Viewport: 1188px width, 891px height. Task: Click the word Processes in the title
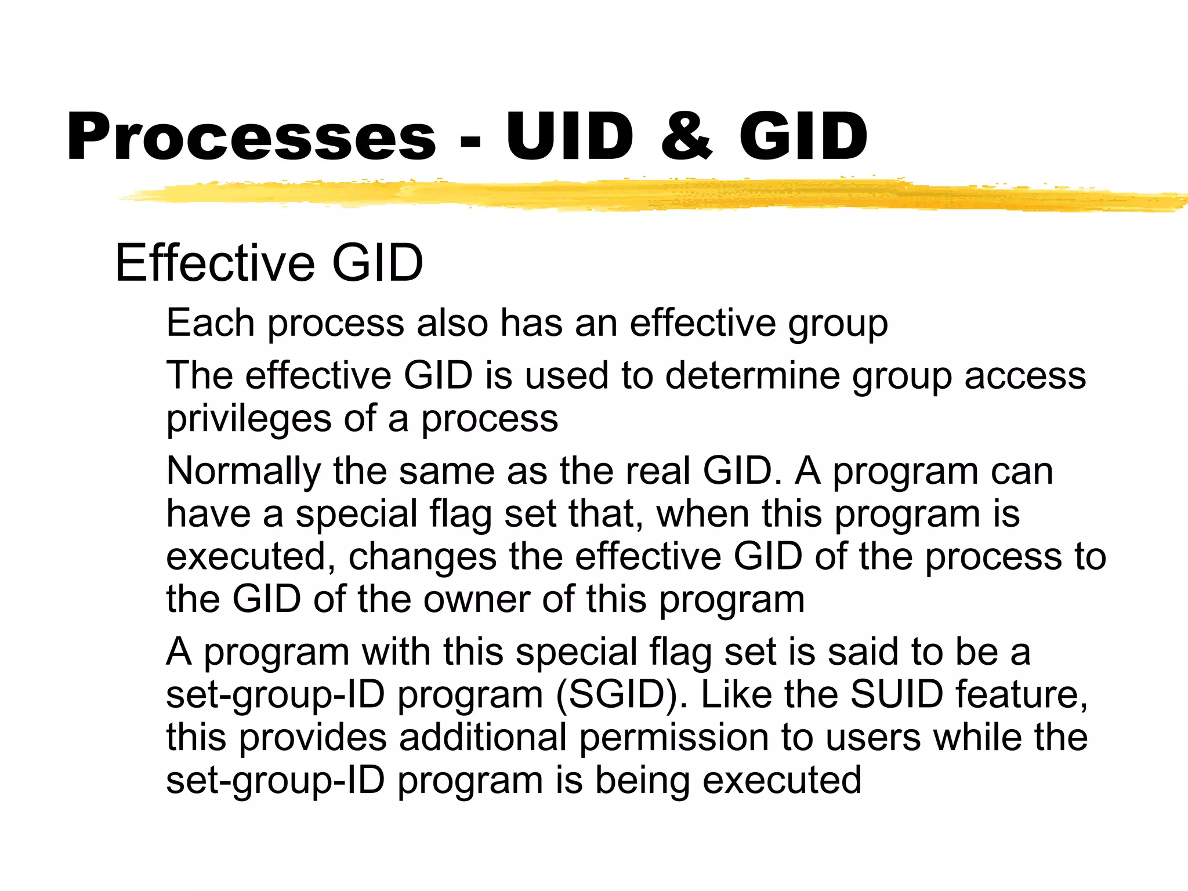(x=251, y=137)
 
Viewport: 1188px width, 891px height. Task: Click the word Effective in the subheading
(x=215, y=263)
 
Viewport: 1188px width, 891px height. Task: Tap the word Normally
(x=243, y=471)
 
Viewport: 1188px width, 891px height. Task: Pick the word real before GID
(x=658, y=471)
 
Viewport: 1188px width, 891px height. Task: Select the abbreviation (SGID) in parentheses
(x=621, y=694)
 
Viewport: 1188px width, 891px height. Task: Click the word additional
(x=482, y=737)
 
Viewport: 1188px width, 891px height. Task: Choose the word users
(x=873, y=737)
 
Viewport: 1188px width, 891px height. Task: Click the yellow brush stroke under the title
(x=638, y=195)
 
